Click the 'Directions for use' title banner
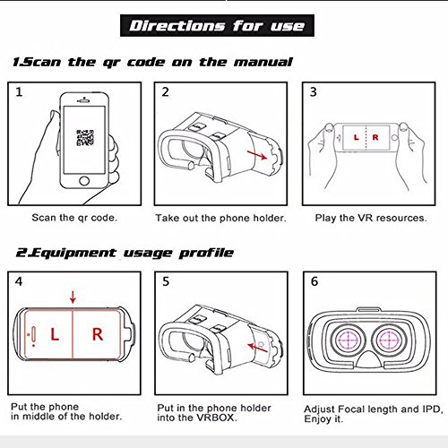[x=217, y=26]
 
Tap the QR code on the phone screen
[x=85, y=138]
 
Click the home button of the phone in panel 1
[x=84, y=181]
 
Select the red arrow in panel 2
[x=257, y=155]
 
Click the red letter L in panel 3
[x=356, y=137]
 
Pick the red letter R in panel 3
[x=375, y=137]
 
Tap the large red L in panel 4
[x=55, y=334]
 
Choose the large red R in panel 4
[x=98, y=334]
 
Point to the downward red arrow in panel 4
[x=73, y=297]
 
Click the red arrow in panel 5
[x=257, y=348]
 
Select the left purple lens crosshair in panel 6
[x=348, y=340]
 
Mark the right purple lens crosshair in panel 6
[x=389, y=340]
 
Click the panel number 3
[x=313, y=92]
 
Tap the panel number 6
[x=314, y=281]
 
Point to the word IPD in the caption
[x=431, y=409]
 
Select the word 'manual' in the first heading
[x=263, y=62]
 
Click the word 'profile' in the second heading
[x=206, y=254]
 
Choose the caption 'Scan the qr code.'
[x=74, y=218]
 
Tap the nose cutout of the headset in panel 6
[x=369, y=359]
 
